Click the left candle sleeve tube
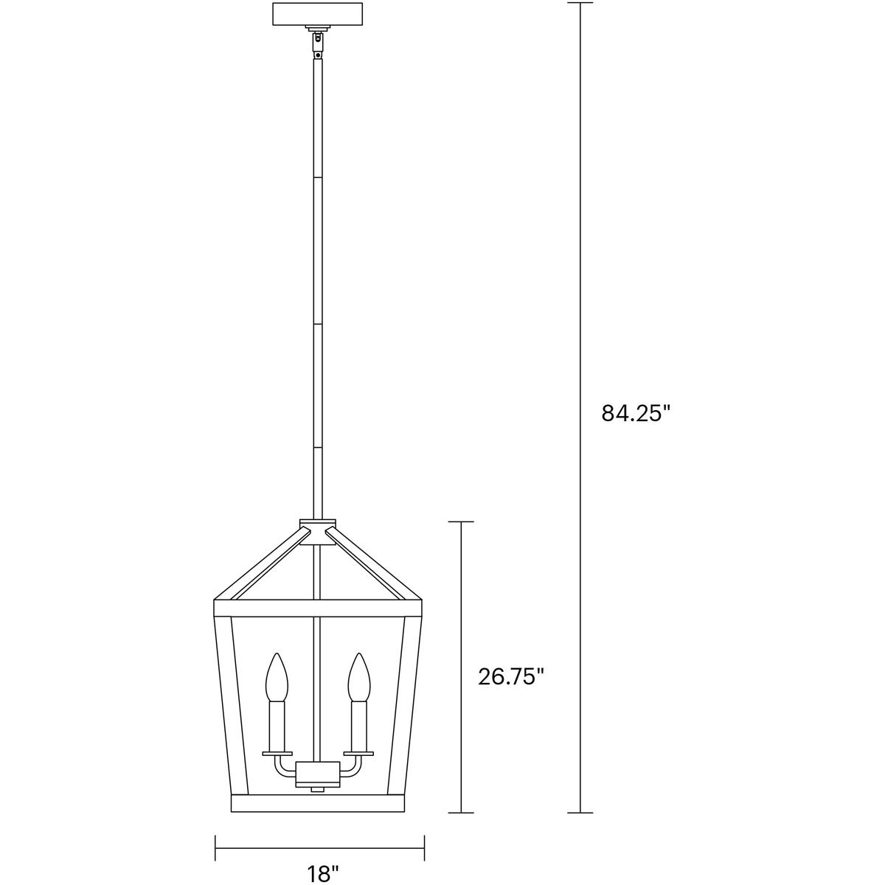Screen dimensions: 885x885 pos(277,726)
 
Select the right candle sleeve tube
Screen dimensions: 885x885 pos(358,726)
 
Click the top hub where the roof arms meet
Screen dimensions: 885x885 pos(318,532)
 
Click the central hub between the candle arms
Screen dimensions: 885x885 pos(318,777)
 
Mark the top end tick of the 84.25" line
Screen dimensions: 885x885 pos(580,4)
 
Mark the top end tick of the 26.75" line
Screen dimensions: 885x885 pos(461,522)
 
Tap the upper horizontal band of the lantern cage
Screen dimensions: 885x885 pos(318,608)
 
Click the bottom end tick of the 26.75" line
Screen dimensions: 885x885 pos(461,813)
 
